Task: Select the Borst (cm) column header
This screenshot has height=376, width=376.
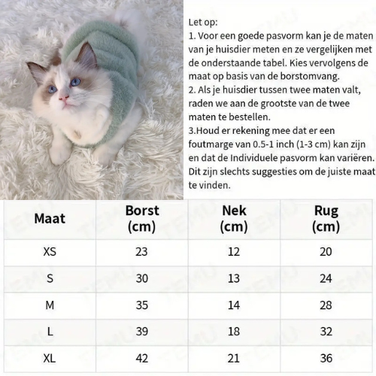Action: [x=141, y=218]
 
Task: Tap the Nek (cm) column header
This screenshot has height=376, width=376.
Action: [x=234, y=218]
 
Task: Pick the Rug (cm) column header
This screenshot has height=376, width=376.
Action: [x=326, y=218]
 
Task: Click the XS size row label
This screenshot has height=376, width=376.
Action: [x=50, y=251]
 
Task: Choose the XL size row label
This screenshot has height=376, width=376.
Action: [x=50, y=359]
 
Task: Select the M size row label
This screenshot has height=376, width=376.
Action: [x=50, y=305]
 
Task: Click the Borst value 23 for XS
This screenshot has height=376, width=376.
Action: [x=141, y=251]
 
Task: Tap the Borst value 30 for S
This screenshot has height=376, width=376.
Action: [x=141, y=278]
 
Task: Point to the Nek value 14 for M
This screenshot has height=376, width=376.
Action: [x=234, y=305]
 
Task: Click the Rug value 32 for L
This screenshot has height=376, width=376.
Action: [x=326, y=332]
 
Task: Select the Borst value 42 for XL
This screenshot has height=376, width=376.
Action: [x=141, y=359]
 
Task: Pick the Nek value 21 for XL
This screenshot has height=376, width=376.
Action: [x=234, y=359]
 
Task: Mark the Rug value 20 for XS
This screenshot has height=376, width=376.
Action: [x=326, y=251]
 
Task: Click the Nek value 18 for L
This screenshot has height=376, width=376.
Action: [x=234, y=332]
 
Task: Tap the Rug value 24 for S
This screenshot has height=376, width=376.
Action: [x=326, y=278]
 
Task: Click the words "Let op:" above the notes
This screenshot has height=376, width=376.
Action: [x=203, y=22]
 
